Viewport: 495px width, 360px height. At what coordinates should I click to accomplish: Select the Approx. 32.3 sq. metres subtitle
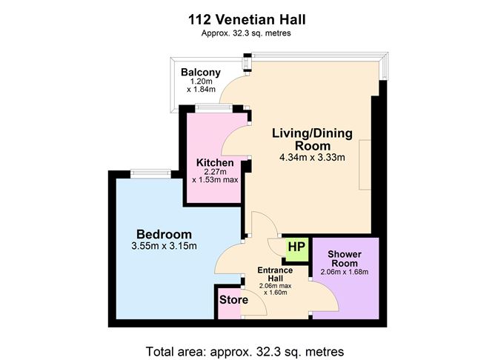click(x=247, y=33)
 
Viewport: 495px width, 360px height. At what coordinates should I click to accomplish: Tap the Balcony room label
click(x=201, y=72)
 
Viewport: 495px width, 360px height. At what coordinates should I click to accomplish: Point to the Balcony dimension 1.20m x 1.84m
click(x=201, y=85)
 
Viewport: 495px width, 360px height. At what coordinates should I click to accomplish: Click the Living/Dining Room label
click(x=312, y=139)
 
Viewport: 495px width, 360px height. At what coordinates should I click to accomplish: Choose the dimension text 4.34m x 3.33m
click(x=312, y=158)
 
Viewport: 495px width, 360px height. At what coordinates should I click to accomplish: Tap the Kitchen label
click(x=215, y=163)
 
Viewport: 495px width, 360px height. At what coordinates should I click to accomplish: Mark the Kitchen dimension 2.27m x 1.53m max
click(x=215, y=176)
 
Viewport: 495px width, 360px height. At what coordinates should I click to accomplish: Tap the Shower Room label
click(x=345, y=257)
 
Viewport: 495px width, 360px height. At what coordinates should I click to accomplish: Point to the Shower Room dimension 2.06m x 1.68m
click(x=345, y=272)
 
